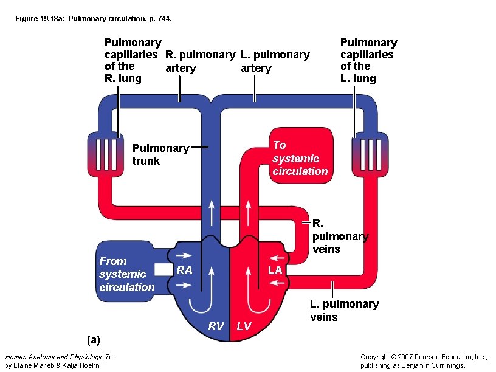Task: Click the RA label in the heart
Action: [x=184, y=270]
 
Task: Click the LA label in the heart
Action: [x=275, y=270]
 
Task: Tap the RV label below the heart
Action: [x=216, y=326]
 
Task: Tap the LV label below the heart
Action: [x=244, y=326]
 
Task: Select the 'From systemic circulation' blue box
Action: [x=127, y=274]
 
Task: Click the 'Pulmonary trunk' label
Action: [x=160, y=154]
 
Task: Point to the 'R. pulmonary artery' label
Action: [x=200, y=61]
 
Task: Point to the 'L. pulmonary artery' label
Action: [x=275, y=61]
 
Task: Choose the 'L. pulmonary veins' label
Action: [x=344, y=310]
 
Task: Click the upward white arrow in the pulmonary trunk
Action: [x=212, y=213]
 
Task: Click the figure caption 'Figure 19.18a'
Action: [x=94, y=19]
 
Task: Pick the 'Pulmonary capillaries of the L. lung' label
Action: [x=368, y=60]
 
